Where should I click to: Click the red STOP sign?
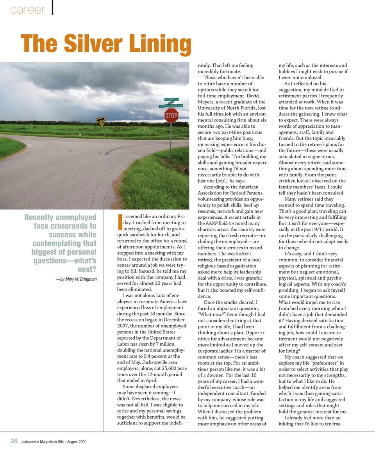[x=171, y=116]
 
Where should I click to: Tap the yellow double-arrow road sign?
[x=101, y=121]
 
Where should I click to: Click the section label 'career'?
[x=28, y=10]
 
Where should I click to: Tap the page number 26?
[x=14, y=441]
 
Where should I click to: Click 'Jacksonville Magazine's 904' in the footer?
[x=44, y=442]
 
